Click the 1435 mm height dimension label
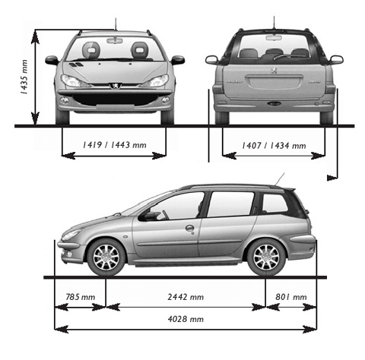pyautogui.click(x=24, y=77)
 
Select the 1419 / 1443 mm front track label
pyautogui.click(x=115, y=145)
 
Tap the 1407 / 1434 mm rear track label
pyautogui.click(x=274, y=146)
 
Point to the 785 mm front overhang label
pyautogui.click(x=81, y=297)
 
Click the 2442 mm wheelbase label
pyautogui.click(x=186, y=297)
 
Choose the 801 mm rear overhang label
pyautogui.click(x=291, y=297)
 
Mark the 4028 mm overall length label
pyautogui.click(x=186, y=319)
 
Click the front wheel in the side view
pyautogui.click(x=106, y=257)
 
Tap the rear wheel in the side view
pyautogui.click(x=266, y=257)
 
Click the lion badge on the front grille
pyautogui.click(x=116, y=86)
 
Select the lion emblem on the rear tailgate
pyautogui.click(x=274, y=70)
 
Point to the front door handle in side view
pyautogui.click(x=189, y=228)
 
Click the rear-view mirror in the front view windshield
pyautogui.click(x=115, y=41)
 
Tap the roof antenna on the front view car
pyautogui.click(x=116, y=24)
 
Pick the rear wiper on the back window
pyautogui.click(x=282, y=57)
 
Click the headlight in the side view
pyautogui.click(x=71, y=235)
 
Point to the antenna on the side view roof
pyautogui.click(x=279, y=179)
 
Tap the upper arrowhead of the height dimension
pyautogui.click(x=35, y=37)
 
